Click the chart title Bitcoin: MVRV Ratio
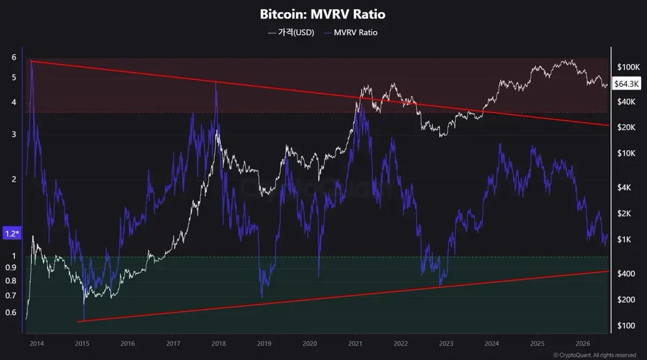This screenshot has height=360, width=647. pos(322,15)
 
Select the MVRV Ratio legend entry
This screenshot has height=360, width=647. pos(350,32)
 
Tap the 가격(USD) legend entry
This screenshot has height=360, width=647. pos(291,32)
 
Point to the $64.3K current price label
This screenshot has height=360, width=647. pos(627,84)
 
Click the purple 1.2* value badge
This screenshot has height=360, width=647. pos(12,233)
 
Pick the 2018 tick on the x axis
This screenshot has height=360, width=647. pos(219,343)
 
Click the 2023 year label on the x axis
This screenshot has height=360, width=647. pos(446,343)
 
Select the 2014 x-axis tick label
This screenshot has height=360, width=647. pos(37,343)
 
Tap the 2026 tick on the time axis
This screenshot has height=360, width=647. pos(583,343)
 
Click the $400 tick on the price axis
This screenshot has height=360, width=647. pos(626,273)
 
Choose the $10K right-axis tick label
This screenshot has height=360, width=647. pos(626,153)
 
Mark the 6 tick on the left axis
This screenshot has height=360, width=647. pos(14,57)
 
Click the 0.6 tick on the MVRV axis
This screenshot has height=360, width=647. pos(11,313)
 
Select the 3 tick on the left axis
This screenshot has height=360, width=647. pos(14,134)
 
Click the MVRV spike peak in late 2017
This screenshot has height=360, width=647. pos(216,83)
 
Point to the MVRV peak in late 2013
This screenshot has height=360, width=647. pos(31,61)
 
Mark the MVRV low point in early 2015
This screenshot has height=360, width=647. pos(84,321)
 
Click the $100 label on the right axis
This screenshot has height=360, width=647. pos(626,326)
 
